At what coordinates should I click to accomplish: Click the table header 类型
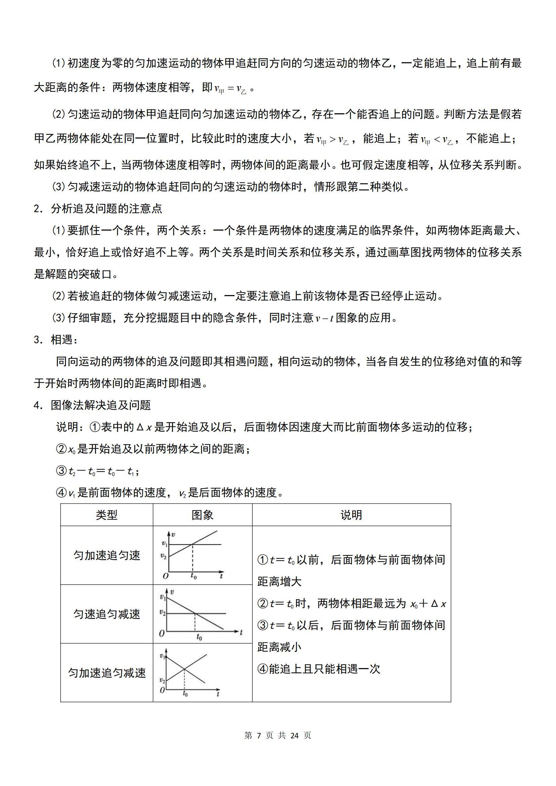(107, 515)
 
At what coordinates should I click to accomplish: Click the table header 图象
(202, 515)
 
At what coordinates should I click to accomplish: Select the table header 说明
(351, 515)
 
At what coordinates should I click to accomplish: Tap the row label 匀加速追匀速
(107, 555)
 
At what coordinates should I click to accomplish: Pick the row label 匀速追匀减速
(107, 614)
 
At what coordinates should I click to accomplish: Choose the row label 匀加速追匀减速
(107, 673)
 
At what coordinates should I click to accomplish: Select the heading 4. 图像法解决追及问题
(92, 405)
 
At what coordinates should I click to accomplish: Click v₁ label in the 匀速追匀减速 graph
(162, 597)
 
